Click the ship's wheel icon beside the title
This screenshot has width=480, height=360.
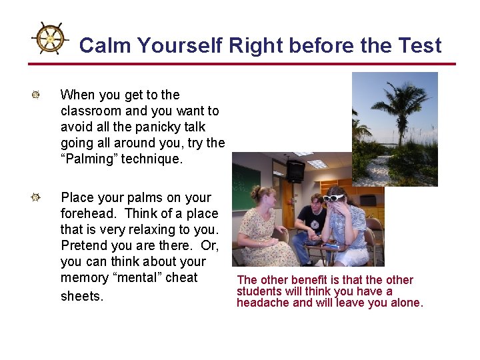click(50, 39)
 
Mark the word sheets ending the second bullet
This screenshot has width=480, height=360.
click(82, 295)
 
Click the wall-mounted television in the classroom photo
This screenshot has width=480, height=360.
click(295, 171)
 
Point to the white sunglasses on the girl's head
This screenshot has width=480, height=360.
click(333, 197)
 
